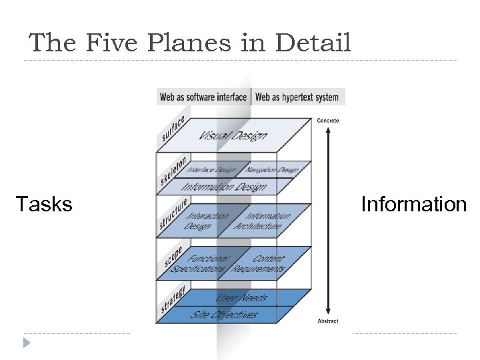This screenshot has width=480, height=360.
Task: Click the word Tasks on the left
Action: tap(44, 204)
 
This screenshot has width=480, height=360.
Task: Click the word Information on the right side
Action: tap(413, 204)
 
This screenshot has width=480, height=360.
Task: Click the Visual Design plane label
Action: tap(233, 135)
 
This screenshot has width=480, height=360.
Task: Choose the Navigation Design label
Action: tap(270, 170)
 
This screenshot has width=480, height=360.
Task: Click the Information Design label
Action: tap(224, 187)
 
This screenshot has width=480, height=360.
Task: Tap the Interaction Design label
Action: tap(207, 221)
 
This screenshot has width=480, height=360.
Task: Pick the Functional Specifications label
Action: tap(200, 264)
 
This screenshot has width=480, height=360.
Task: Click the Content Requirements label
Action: tap(260, 264)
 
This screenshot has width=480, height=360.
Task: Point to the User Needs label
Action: tap(241, 298)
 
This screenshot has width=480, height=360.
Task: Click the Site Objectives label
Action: tap(224, 314)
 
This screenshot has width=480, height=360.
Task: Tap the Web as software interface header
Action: tap(203, 97)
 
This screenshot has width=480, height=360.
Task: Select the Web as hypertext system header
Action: tap(297, 97)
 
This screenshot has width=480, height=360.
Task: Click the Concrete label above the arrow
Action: tap(327, 120)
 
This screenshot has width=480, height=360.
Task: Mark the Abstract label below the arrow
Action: tap(327, 321)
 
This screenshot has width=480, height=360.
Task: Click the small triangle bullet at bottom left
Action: tap(27, 343)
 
